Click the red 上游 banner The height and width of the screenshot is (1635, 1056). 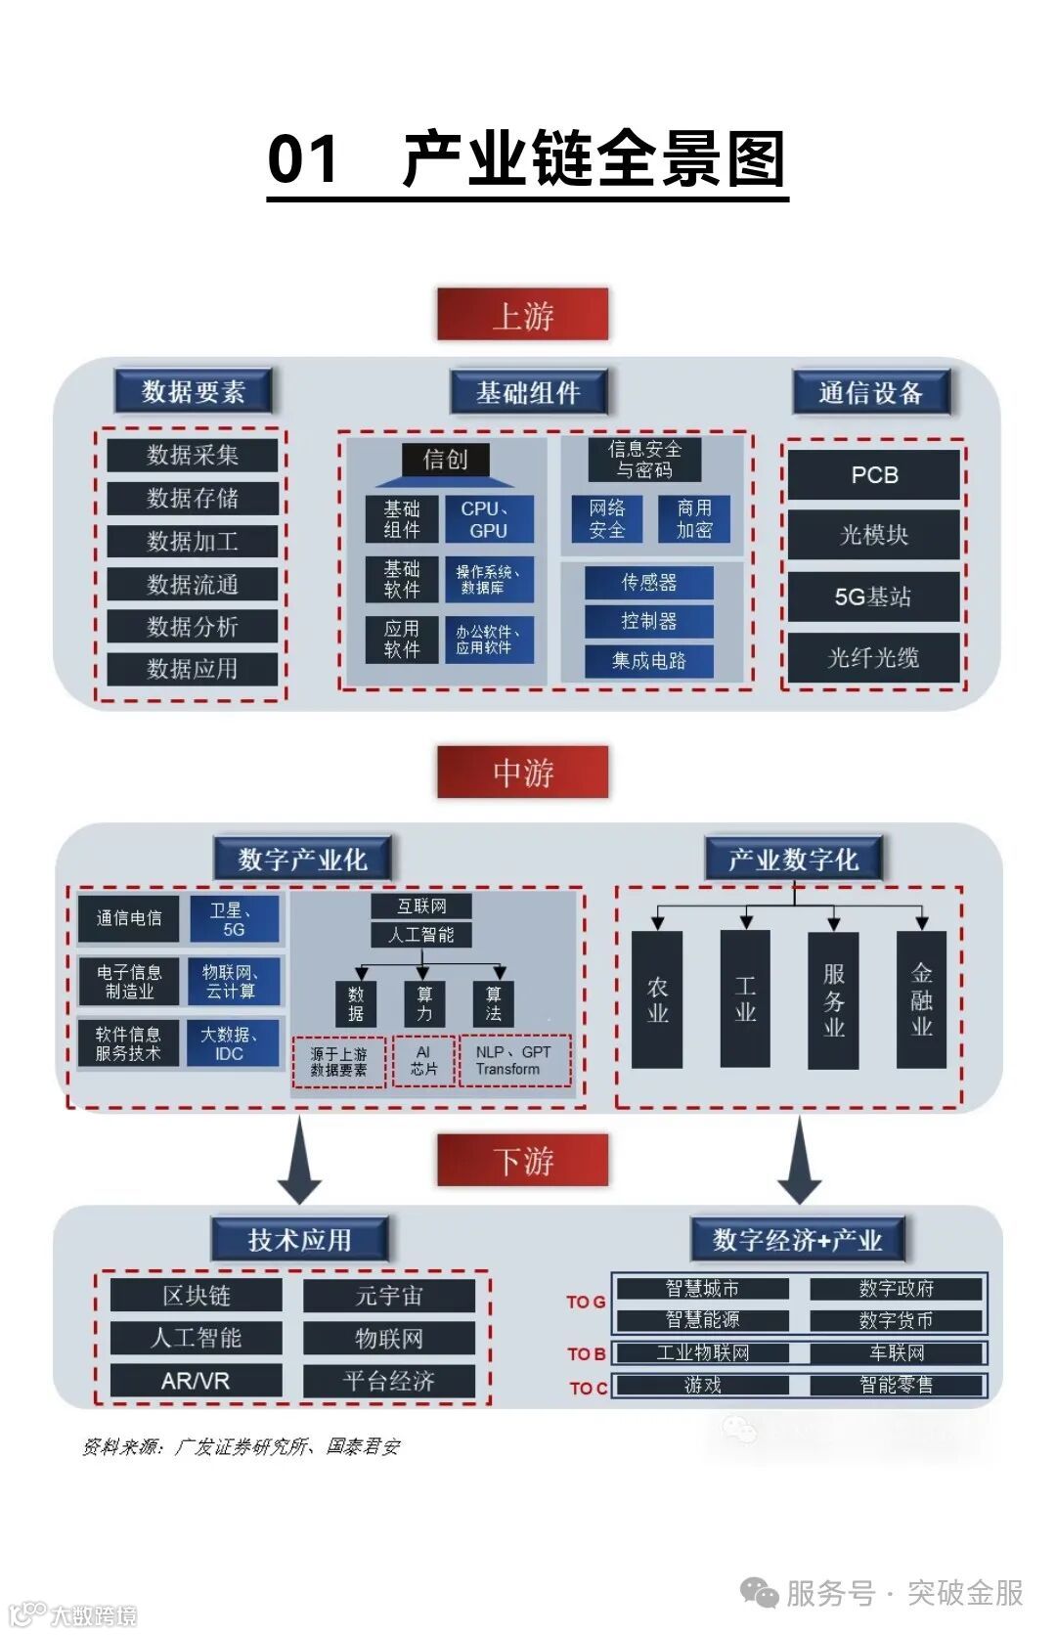[x=522, y=315]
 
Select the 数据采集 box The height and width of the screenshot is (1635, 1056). [x=193, y=455]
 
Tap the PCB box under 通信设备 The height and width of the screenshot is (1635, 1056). [x=873, y=475]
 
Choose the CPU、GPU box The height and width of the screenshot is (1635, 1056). [x=489, y=519]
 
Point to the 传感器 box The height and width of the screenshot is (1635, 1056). [x=648, y=583]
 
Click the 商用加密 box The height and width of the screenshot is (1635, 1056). [x=694, y=519]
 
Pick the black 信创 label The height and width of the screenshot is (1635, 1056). [x=445, y=460]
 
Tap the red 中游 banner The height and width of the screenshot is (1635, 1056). [x=522, y=773]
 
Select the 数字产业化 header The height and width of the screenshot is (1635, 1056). [x=302, y=860]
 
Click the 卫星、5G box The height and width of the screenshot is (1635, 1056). [x=234, y=919]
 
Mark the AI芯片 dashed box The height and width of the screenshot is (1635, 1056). [x=423, y=1061]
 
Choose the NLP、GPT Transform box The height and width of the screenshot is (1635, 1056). [x=514, y=1061]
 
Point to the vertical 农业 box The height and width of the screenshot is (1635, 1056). [x=657, y=999]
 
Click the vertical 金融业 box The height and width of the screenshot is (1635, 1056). [x=921, y=999]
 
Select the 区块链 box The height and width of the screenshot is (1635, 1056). [x=196, y=1296]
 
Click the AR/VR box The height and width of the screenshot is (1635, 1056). [x=196, y=1381]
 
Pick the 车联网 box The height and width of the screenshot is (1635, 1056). [x=897, y=1353]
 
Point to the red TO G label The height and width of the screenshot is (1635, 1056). [x=586, y=1303]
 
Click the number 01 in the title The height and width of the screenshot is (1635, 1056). [x=303, y=159]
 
